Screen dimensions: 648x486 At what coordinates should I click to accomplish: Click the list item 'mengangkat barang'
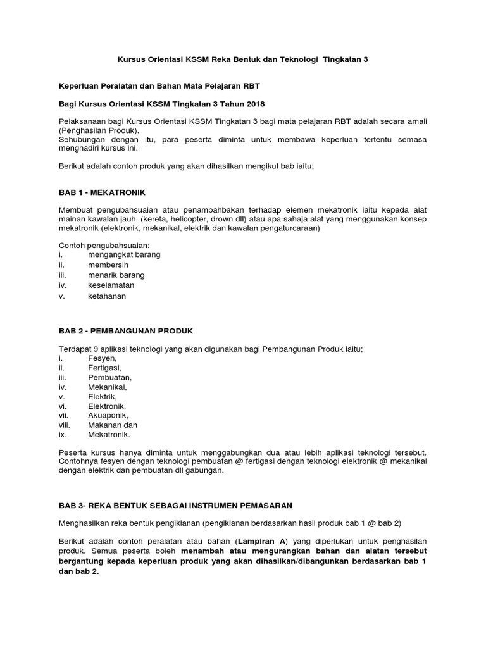(124, 254)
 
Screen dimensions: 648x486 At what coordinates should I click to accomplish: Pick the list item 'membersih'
(108, 265)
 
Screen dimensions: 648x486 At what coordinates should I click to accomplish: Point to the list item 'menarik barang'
(116, 275)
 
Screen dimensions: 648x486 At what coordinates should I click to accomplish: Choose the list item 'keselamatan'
(111, 285)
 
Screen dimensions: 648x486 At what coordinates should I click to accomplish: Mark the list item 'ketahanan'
(107, 296)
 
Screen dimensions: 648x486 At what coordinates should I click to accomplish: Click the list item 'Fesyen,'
(103, 358)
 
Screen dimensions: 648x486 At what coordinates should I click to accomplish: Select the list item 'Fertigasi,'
(105, 368)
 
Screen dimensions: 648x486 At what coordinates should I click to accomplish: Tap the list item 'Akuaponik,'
(108, 415)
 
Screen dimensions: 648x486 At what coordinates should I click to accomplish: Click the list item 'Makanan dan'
(113, 425)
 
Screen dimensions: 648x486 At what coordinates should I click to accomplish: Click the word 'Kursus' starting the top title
(130, 59)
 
